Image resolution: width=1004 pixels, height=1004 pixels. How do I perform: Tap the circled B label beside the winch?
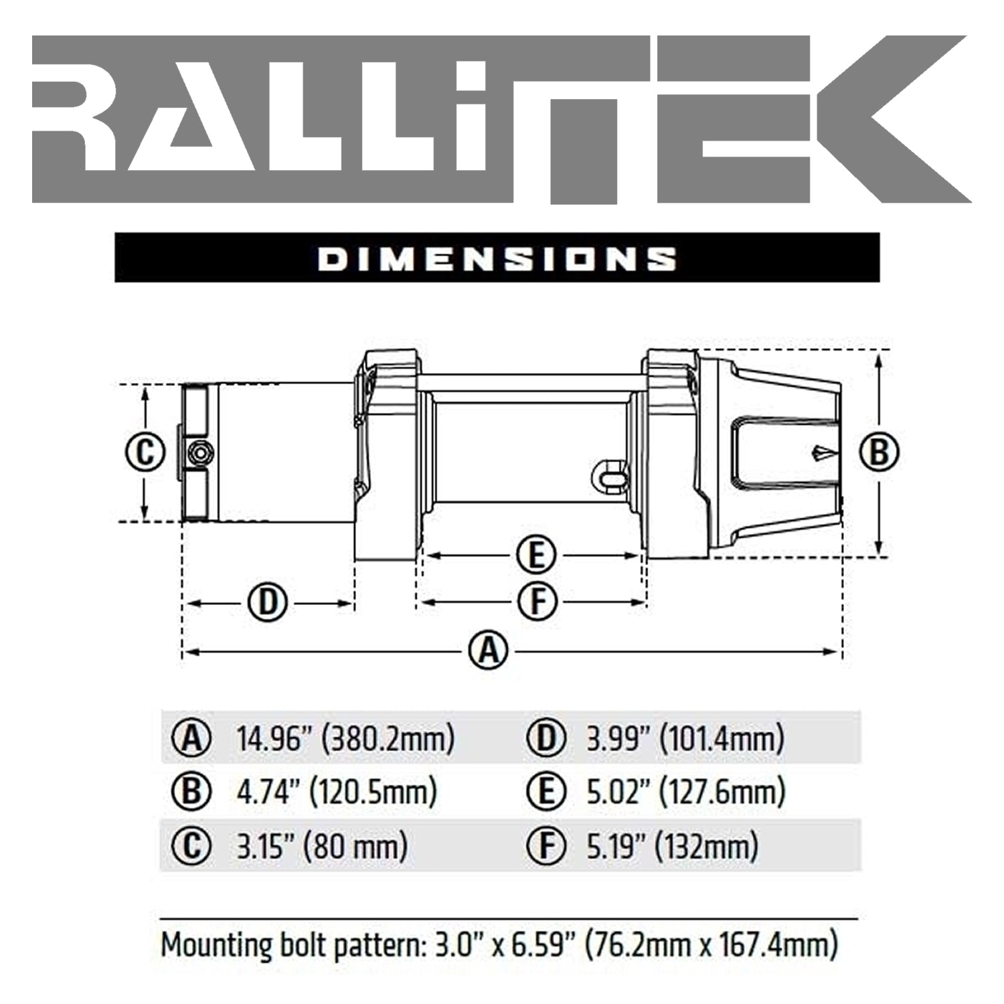(x=879, y=453)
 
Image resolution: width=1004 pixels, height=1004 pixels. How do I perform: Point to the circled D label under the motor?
(x=268, y=603)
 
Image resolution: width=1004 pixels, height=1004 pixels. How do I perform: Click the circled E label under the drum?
(x=536, y=555)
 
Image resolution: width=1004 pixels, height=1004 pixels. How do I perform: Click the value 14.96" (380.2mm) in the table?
(x=345, y=738)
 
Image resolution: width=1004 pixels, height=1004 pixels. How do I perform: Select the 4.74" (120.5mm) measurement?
(x=337, y=792)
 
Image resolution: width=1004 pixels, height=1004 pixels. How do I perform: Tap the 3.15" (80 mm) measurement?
(x=322, y=846)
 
